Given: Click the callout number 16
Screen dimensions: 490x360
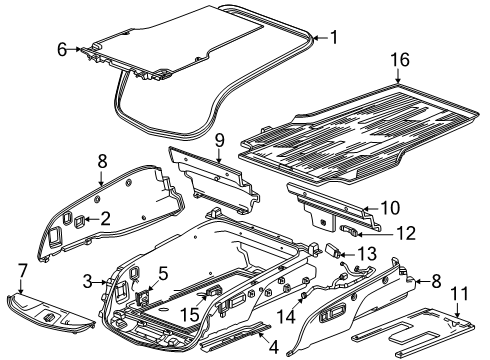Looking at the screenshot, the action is [x=400, y=60].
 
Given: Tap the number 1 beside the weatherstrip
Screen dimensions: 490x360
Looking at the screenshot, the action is [x=334, y=37].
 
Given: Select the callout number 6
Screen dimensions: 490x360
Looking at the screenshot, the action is [x=62, y=50].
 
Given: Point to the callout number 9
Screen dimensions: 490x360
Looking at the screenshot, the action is [x=219, y=140].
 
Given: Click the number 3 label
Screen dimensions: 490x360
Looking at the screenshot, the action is [x=87, y=282].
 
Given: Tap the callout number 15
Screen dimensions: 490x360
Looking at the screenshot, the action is [x=190, y=315].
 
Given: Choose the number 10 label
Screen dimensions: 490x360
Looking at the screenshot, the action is [x=390, y=208].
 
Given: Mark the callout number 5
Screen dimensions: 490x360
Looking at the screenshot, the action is [x=163, y=273].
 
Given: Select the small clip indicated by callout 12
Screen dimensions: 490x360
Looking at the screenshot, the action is [x=349, y=230].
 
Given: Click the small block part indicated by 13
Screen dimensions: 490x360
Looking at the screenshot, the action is [x=333, y=250].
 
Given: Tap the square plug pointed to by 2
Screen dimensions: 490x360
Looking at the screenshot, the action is [x=79, y=222].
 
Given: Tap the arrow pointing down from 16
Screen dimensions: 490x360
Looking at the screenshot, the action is [x=398, y=76].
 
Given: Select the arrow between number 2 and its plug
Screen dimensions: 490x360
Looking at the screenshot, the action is [x=92, y=219].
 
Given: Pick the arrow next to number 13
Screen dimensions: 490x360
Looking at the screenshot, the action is [x=347, y=255].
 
